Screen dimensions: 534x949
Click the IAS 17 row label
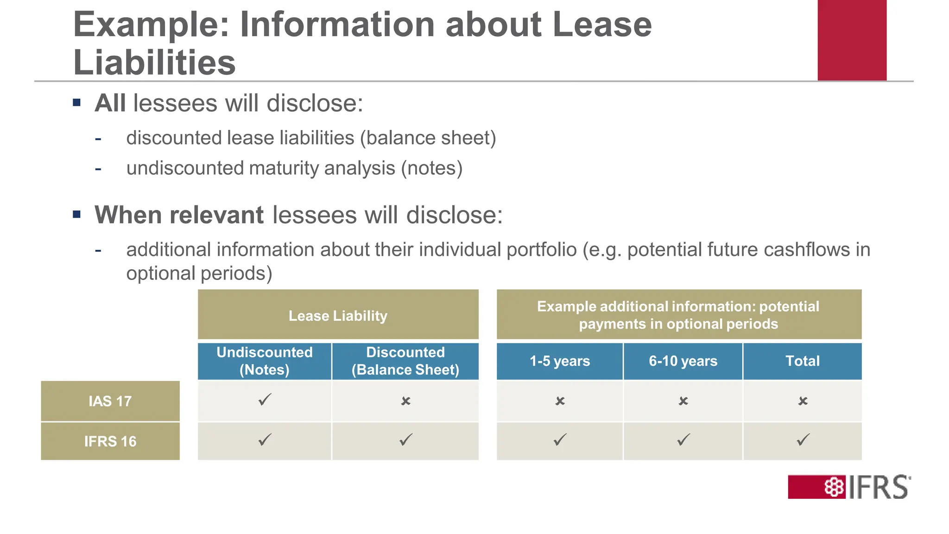click(x=110, y=401)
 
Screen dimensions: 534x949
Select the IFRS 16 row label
click(x=110, y=441)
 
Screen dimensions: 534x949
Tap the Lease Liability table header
click(x=338, y=315)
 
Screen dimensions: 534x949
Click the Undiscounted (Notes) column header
click(x=265, y=361)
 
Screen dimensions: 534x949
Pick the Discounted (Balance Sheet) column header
click(x=405, y=361)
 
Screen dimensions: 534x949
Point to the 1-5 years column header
click(x=560, y=361)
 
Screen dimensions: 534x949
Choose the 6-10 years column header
click(x=683, y=361)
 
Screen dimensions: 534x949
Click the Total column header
click(x=803, y=361)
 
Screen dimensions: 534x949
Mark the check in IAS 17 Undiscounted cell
click(x=265, y=400)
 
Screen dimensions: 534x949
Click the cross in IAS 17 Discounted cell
click(x=406, y=401)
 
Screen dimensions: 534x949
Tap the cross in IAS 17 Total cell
click(x=803, y=401)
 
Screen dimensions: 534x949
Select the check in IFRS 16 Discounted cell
click(x=406, y=439)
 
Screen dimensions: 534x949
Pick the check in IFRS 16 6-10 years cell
click(x=683, y=439)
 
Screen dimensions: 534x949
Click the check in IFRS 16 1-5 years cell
click(x=560, y=439)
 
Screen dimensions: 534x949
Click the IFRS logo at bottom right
click(x=849, y=487)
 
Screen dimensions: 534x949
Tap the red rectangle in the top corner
click(x=852, y=40)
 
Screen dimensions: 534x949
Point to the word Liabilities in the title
click(x=154, y=63)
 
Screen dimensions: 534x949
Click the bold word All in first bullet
click(x=110, y=103)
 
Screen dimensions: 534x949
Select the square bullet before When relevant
click(x=77, y=215)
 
